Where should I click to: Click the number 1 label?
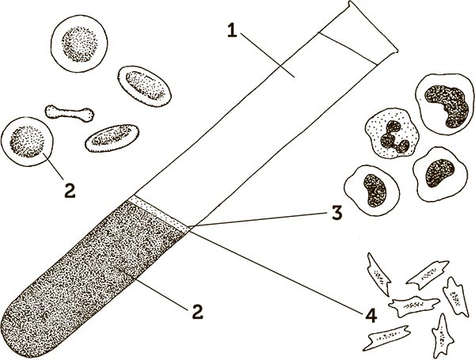pyautogui.click(x=232, y=31)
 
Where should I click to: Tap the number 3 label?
pyautogui.click(x=337, y=212)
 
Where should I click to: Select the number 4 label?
pyautogui.click(x=371, y=316)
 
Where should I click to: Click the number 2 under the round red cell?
pyautogui.click(x=70, y=191)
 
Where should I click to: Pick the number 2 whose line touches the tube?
pyautogui.click(x=197, y=312)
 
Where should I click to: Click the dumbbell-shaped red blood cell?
pyautogui.click(x=70, y=113)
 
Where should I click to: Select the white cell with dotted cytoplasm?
pyautogui.click(x=392, y=133)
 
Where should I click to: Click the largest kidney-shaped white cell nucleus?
pyautogui.click(x=446, y=106)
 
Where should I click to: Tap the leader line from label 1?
pyautogui.click(x=268, y=55)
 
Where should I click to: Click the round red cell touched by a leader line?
pyautogui.click(x=27, y=142)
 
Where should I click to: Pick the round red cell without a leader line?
pyautogui.click(x=79, y=44)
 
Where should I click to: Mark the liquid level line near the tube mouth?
pyautogui.click(x=348, y=48)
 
